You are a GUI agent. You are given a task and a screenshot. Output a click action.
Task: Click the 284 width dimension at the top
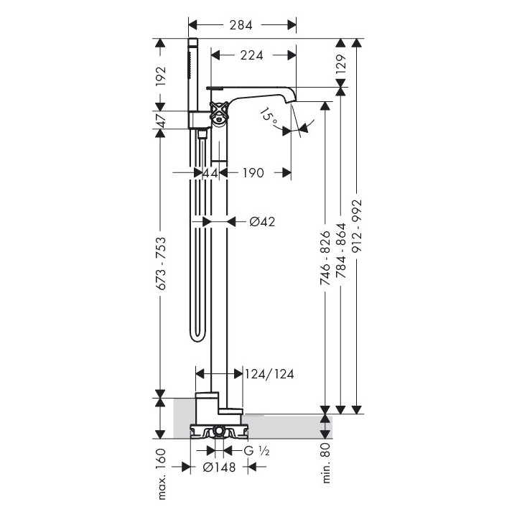coord(242,25)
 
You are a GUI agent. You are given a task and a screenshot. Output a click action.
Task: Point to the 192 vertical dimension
coord(161,75)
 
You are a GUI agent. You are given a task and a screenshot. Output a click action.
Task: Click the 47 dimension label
coord(161,120)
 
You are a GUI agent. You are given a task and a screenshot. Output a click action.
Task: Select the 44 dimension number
coord(210,173)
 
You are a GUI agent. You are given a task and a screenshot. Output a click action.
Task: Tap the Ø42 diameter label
coord(262,222)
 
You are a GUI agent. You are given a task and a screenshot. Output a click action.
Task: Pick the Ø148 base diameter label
coord(221,467)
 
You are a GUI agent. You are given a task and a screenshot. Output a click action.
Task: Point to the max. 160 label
coord(161,474)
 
